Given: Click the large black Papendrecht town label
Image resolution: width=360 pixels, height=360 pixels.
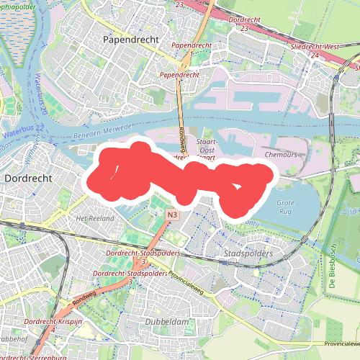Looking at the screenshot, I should tap(130, 39).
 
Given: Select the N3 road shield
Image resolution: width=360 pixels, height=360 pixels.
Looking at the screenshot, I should tap(171, 215).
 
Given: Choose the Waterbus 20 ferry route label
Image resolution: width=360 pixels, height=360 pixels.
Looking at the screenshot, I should tap(42, 98).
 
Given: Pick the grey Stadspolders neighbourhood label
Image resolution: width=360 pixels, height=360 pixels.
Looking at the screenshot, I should tap(248, 254).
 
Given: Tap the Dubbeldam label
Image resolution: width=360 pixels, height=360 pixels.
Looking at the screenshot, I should tap(166, 320).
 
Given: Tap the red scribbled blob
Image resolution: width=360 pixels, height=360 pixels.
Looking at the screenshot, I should tap(180, 176).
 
